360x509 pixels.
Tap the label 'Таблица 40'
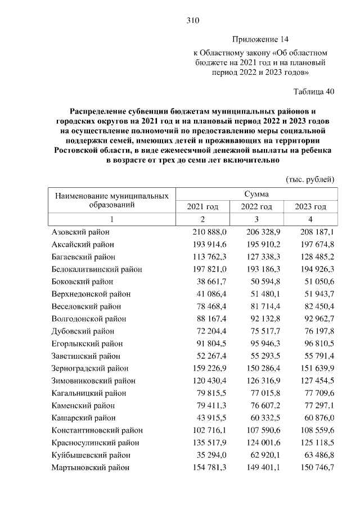(x=314, y=92)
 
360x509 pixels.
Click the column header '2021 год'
(x=202, y=207)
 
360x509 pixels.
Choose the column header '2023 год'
(x=310, y=207)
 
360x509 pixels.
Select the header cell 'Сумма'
(x=256, y=194)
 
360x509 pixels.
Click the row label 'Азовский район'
(x=80, y=232)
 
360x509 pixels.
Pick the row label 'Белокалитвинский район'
(x=96, y=269)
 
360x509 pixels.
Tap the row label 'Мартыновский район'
(x=90, y=467)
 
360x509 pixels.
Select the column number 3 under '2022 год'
(x=256, y=219)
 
